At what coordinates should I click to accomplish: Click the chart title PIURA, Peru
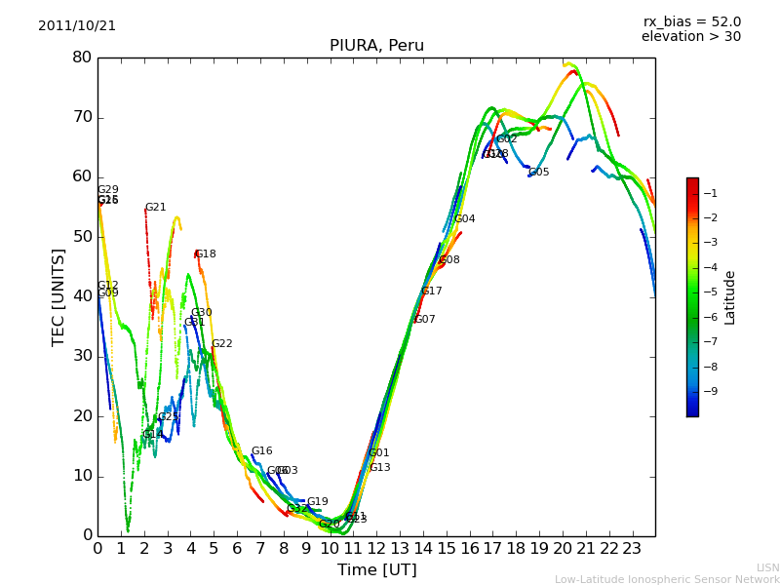click(x=376, y=46)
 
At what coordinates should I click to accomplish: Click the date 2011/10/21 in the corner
click(x=77, y=26)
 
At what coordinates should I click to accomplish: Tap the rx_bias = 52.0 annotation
click(x=691, y=21)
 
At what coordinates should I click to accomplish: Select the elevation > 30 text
click(x=690, y=37)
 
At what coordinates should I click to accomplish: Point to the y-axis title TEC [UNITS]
click(x=58, y=296)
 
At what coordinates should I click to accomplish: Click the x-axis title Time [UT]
click(x=376, y=569)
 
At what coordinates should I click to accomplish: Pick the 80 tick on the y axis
click(x=81, y=58)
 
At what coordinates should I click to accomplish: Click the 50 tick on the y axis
click(x=81, y=237)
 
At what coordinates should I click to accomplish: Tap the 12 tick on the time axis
click(x=376, y=548)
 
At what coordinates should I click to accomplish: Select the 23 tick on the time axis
click(x=632, y=548)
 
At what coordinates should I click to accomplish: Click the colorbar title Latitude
click(x=730, y=297)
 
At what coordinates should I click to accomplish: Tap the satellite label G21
click(x=155, y=208)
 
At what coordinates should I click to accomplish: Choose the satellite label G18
click(x=206, y=254)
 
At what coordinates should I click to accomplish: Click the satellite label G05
click(x=539, y=173)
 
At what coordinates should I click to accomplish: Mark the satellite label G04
click(x=465, y=219)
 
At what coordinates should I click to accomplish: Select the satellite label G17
click(x=432, y=292)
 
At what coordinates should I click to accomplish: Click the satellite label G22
click(x=222, y=344)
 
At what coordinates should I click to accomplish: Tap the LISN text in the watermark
click(x=767, y=567)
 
